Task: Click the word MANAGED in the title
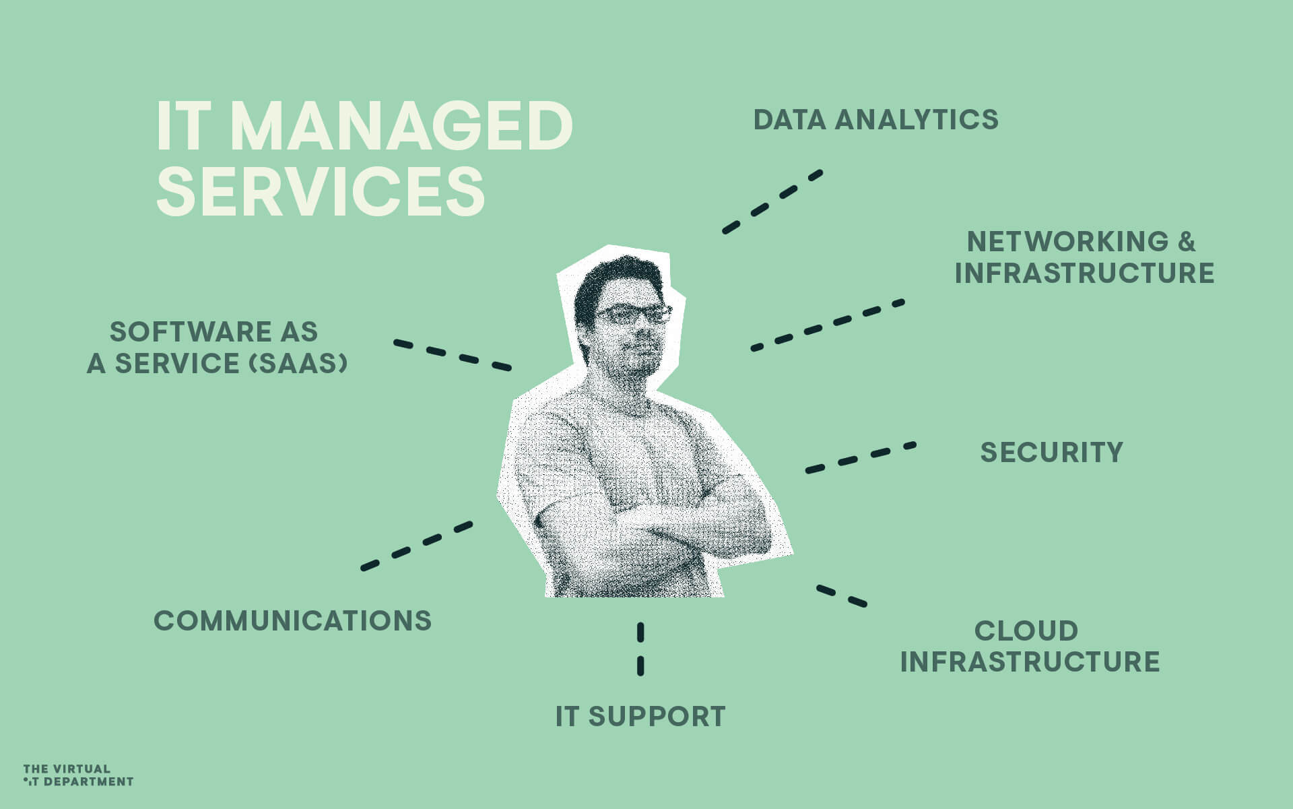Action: pyautogui.click(x=401, y=127)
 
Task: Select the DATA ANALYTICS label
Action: pyautogui.click(x=875, y=120)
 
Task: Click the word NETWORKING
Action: pyautogui.click(x=1068, y=242)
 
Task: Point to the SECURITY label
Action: pyautogui.click(x=1051, y=453)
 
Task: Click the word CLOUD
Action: pyautogui.click(x=1026, y=631)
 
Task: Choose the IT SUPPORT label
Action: pyautogui.click(x=640, y=717)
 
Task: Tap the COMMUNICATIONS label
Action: pyautogui.click(x=293, y=620)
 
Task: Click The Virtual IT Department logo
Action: pyautogui.click(x=77, y=775)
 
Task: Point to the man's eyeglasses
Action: pyautogui.click(x=633, y=314)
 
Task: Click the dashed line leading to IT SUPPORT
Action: pyautogui.click(x=640, y=649)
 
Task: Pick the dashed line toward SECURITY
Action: pyautogui.click(x=861, y=457)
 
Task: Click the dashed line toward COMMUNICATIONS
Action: pyautogui.click(x=417, y=545)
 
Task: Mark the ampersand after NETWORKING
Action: pyautogui.click(x=1186, y=242)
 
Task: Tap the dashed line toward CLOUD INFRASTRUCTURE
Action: pyautogui.click(x=842, y=596)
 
